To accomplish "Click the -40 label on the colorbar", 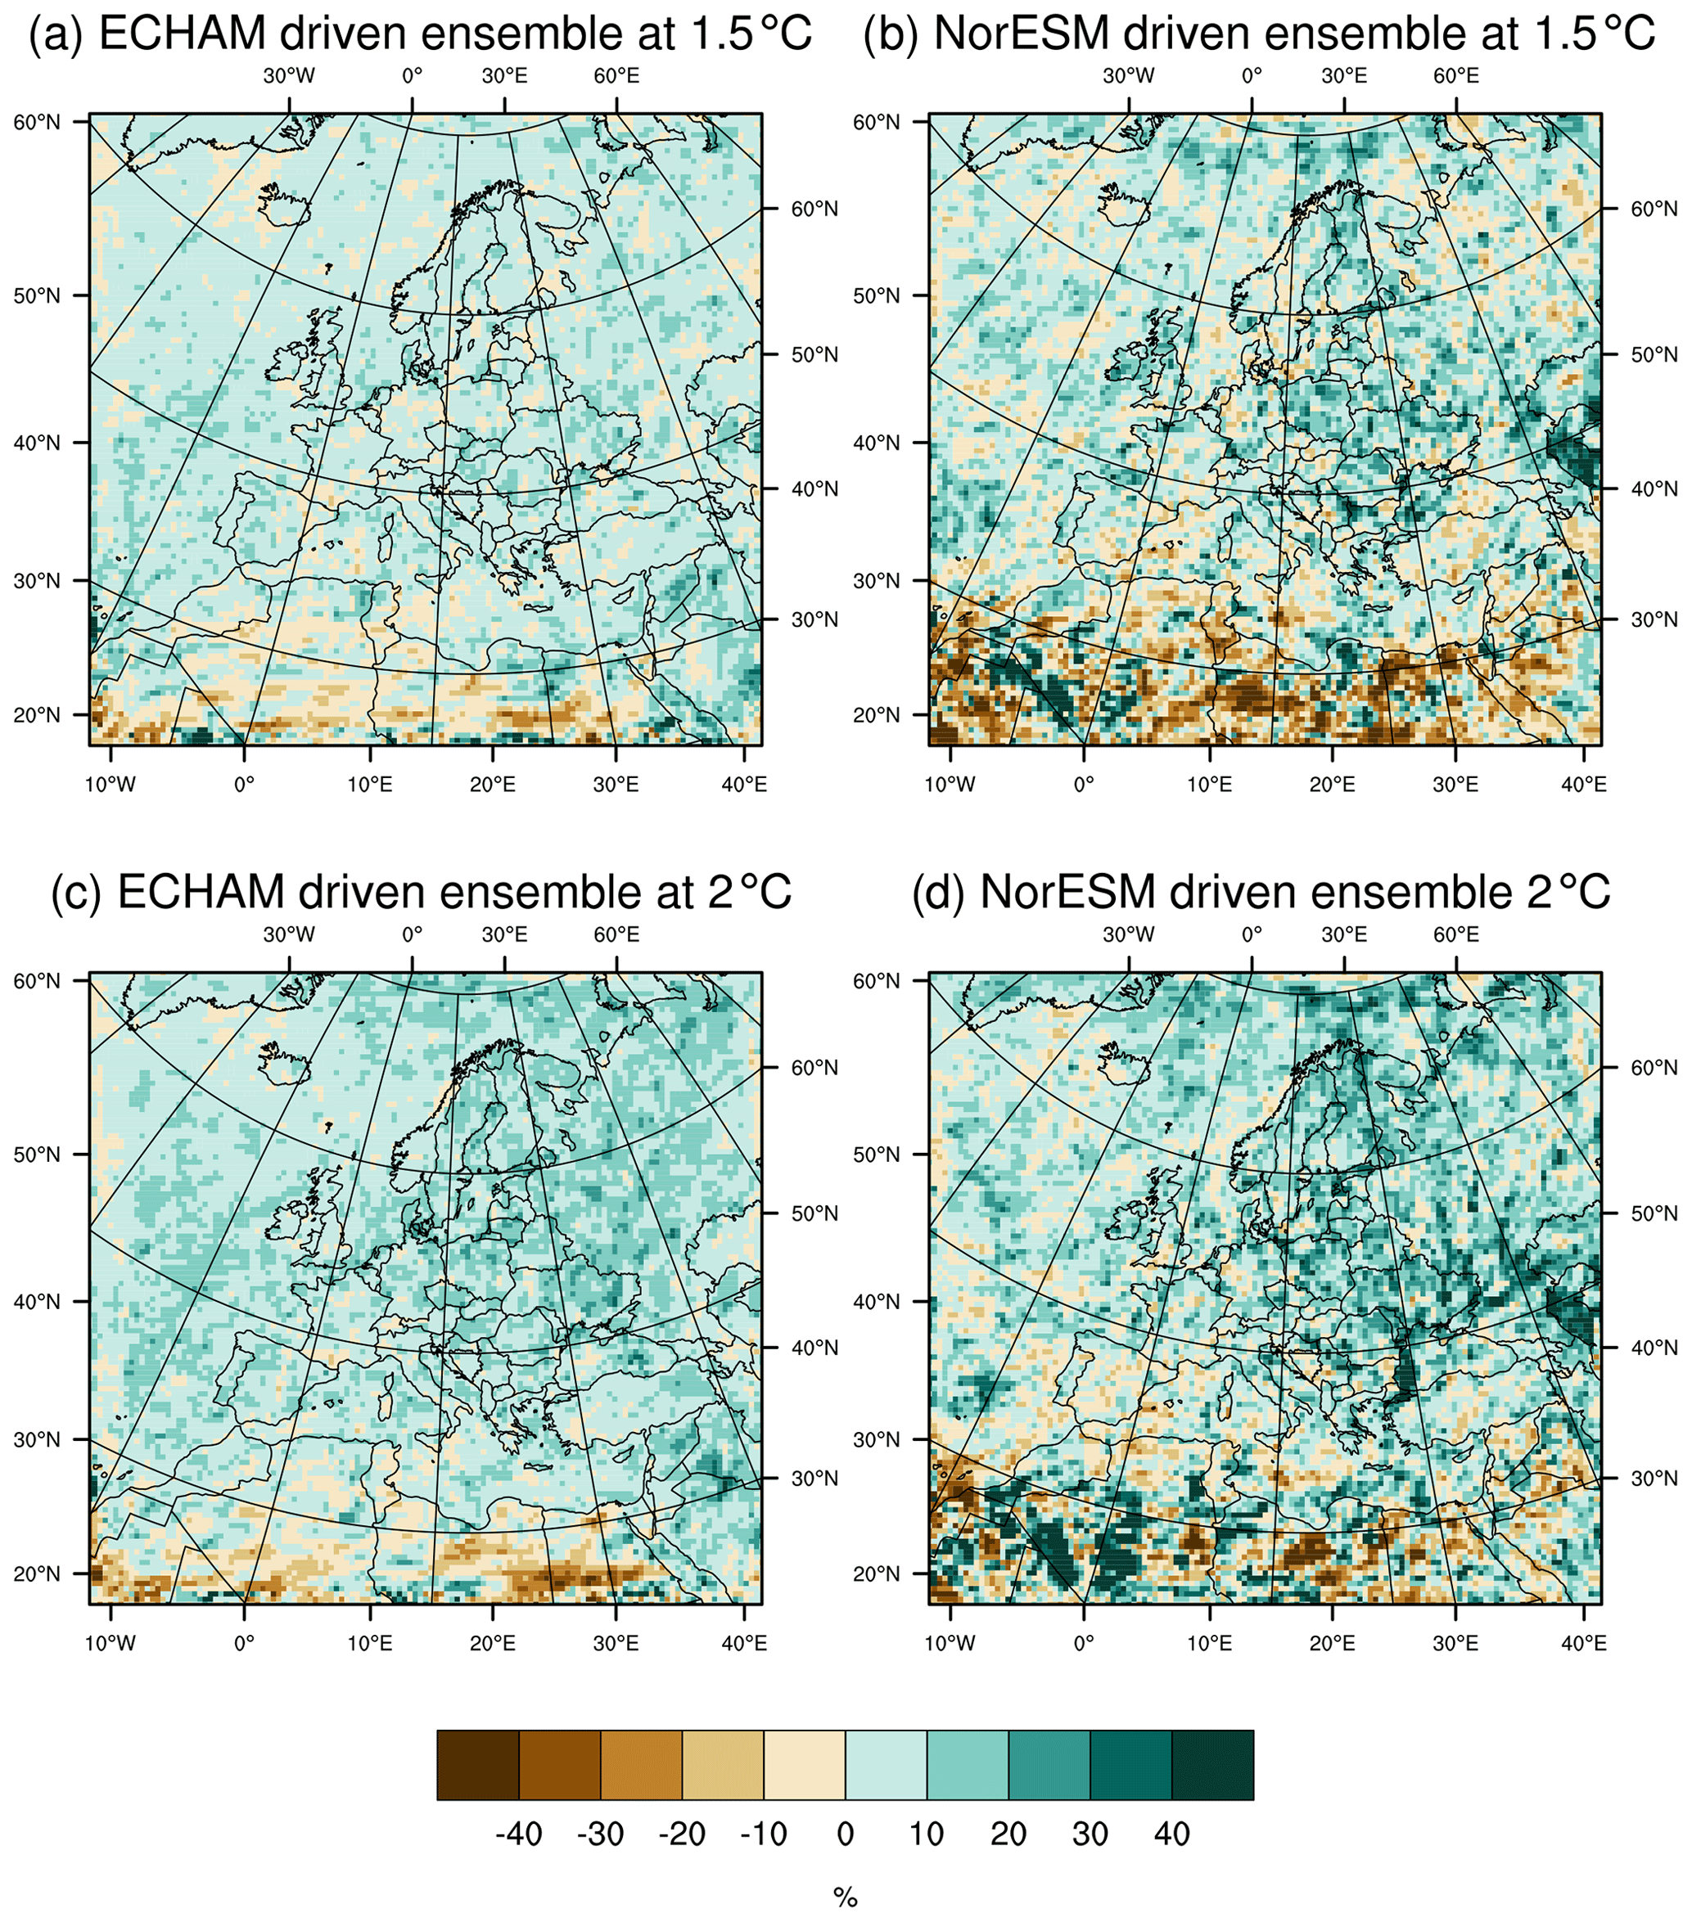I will click(518, 1833).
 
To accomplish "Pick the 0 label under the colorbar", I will click(845, 1833).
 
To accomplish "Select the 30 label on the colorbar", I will click(1090, 1833).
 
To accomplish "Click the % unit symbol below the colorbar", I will click(846, 1897).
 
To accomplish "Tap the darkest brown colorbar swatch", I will click(478, 1765).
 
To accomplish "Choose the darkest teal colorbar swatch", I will click(1212, 1765).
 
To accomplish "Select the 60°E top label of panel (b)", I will click(1456, 76).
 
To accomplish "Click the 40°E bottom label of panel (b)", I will click(1584, 784).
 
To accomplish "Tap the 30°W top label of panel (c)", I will click(289, 934).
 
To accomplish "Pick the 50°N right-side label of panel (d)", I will click(1654, 1213).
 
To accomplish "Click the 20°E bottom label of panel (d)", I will click(1332, 1643).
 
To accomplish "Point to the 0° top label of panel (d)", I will click(1251, 934).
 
